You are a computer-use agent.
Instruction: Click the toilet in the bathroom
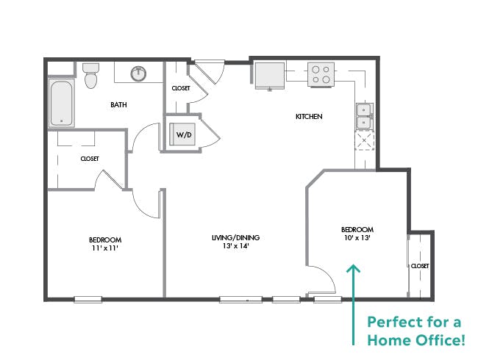(91, 76)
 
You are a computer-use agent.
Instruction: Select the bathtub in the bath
(61, 103)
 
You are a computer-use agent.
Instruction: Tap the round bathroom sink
(138, 73)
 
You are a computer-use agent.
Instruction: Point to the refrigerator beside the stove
(271, 75)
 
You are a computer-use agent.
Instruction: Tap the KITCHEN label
(309, 117)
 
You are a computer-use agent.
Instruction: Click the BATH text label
(118, 105)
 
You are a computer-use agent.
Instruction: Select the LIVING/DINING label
(236, 237)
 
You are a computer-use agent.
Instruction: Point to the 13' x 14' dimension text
(236, 247)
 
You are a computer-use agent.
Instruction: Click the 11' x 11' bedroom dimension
(105, 249)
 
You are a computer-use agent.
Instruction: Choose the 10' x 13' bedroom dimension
(357, 238)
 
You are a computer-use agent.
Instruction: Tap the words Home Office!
(415, 339)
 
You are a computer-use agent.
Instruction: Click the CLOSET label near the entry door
(181, 88)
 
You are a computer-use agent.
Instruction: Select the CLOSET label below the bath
(90, 159)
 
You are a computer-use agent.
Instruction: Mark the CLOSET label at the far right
(420, 266)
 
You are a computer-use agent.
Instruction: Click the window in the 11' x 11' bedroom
(88, 299)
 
